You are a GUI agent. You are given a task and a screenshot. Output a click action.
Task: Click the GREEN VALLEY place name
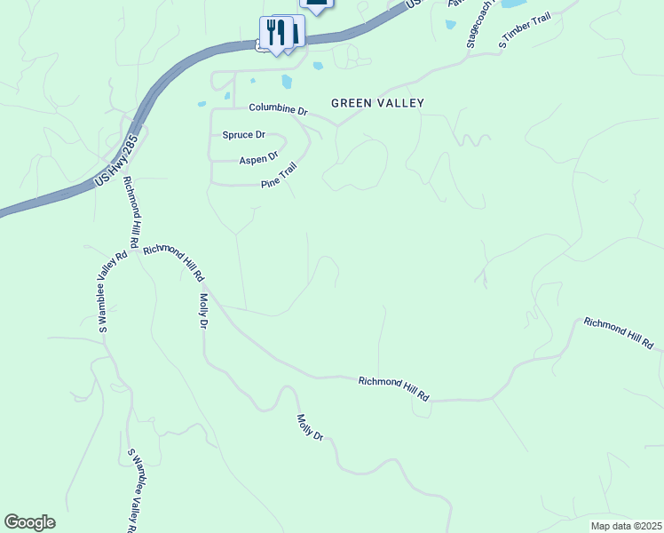377,103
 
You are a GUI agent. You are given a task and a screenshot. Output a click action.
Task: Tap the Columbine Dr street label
277,109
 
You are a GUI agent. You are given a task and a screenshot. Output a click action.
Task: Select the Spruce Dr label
243,135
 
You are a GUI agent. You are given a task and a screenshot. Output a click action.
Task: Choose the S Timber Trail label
526,32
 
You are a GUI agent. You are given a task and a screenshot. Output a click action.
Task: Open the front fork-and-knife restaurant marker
276,34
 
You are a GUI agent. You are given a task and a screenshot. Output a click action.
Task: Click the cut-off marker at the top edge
319,5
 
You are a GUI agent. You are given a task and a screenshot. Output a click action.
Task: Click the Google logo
29,522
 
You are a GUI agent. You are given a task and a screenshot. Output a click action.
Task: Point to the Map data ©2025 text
626,526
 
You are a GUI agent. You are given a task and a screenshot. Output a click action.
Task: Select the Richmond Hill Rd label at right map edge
619,331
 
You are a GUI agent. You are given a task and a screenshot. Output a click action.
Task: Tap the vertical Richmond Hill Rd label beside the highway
131,212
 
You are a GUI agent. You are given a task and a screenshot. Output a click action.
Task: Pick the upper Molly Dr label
203,312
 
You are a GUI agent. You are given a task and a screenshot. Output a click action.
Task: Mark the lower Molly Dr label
310,428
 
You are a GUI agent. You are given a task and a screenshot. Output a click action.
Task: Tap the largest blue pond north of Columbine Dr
286,82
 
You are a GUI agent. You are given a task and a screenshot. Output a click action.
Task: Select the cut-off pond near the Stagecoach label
512,4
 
